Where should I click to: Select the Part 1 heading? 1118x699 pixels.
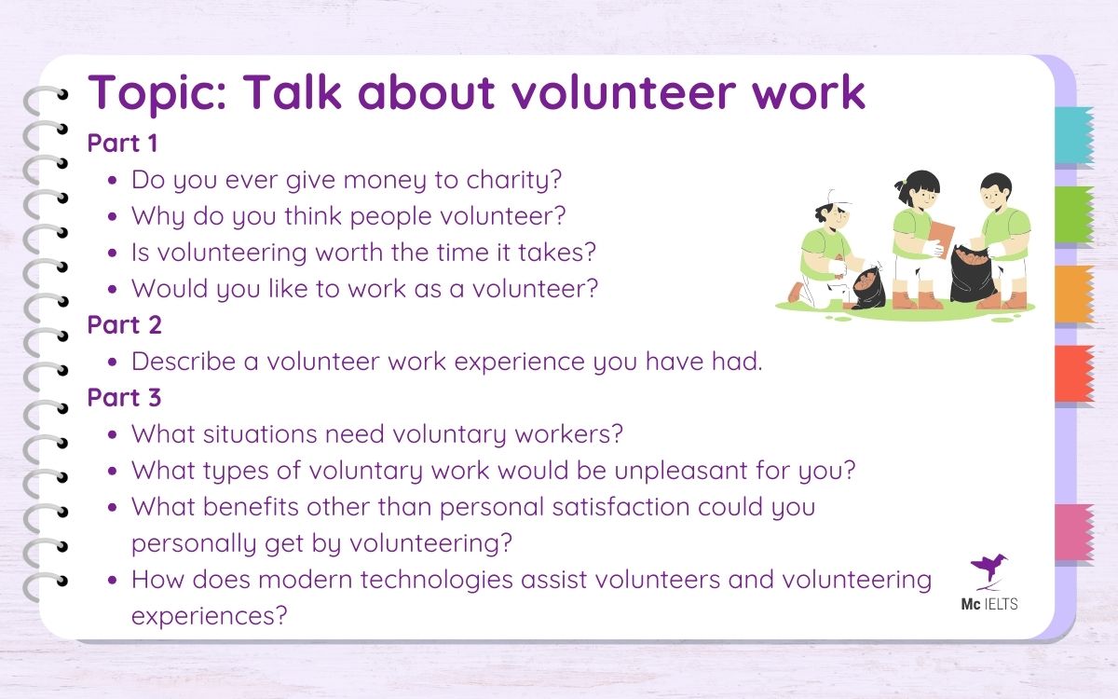pos(124,144)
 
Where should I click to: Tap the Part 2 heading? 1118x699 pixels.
pos(124,324)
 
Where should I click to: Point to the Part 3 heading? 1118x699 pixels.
pos(124,397)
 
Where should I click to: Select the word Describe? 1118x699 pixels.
pos(184,361)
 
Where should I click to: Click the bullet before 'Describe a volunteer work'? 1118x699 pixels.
pos(113,363)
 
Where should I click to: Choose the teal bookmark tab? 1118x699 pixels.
pos(1074,136)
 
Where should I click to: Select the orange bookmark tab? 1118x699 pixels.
pos(1074,295)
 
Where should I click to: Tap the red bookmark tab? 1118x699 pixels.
pos(1074,374)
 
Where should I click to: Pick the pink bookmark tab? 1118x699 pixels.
pos(1074,533)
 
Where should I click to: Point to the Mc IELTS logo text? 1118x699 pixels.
pos(989,604)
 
